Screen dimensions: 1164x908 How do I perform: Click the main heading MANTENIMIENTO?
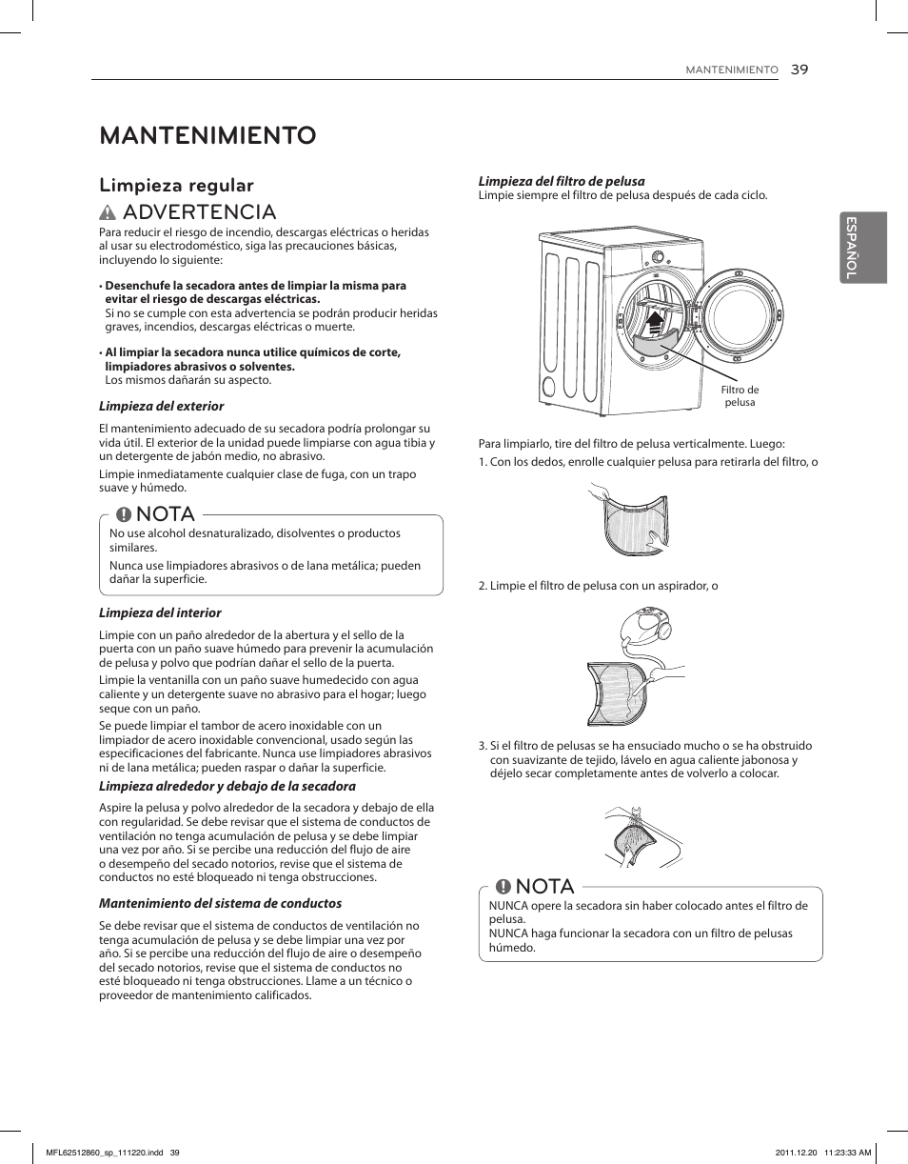coord(207,135)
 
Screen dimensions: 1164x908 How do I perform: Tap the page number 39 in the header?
coord(799,70)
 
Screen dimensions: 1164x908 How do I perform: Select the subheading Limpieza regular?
coord(176,185)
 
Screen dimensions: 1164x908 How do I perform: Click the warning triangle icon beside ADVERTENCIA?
coord(109,212)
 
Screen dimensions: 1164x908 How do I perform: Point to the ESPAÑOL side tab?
coord(863,247)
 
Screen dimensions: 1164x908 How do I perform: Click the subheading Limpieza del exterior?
coord(162,406)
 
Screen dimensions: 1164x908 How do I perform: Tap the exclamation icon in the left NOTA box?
coord(124,514)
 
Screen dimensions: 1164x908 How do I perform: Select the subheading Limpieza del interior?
coord(160,612)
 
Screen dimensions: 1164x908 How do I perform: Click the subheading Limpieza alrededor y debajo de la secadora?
coord(227,786)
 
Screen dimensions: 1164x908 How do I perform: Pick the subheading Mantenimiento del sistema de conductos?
coord(220,903)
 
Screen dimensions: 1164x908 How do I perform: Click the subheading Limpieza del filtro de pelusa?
coord(561,181)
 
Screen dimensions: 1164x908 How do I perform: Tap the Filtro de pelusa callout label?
coord(740,396)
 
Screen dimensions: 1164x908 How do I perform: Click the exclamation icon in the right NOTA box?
coord(503,887)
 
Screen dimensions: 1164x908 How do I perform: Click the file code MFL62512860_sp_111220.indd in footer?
coord(106,1152)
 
